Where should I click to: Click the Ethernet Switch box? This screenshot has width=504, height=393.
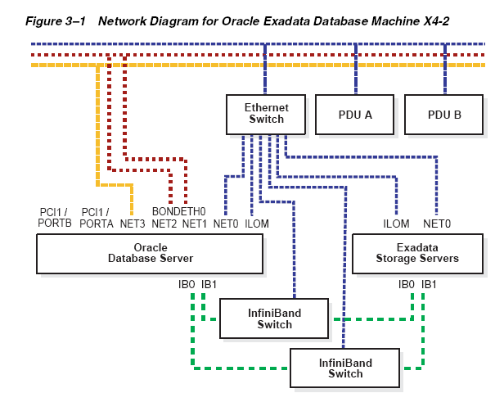tap(266, 115)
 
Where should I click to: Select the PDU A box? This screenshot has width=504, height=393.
tap(355, 115)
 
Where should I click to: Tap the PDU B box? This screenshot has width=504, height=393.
tap(444, 115)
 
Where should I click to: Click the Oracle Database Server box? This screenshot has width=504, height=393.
tap(150, 254)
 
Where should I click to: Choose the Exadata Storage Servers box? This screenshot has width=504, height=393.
tap(417, 254)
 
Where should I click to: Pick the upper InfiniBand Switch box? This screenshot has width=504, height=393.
tap(274, 318)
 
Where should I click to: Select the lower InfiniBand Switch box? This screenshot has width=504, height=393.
tap(345, 368)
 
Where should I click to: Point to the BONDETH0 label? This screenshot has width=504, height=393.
tap(178, 211)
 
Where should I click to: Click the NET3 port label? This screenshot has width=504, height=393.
tap(133, 224)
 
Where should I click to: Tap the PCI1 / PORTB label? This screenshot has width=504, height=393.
tap(55, 218)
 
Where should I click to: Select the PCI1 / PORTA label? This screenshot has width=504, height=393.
tap(97, 218)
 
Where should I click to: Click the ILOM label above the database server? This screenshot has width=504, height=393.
tap(257, 224)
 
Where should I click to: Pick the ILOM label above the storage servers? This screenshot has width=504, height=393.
tap(396, 224)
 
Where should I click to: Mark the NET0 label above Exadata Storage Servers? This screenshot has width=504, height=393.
tap(437, 224)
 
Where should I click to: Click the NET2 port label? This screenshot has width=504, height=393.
tap(164, 224)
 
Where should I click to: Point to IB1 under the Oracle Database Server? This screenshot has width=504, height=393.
tap(209, 284)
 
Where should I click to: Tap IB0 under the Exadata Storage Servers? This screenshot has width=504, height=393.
tap(407, 284)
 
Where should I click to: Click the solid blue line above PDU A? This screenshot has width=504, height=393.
tap(355, 69)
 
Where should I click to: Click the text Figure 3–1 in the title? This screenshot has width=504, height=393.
tap(56, 21)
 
